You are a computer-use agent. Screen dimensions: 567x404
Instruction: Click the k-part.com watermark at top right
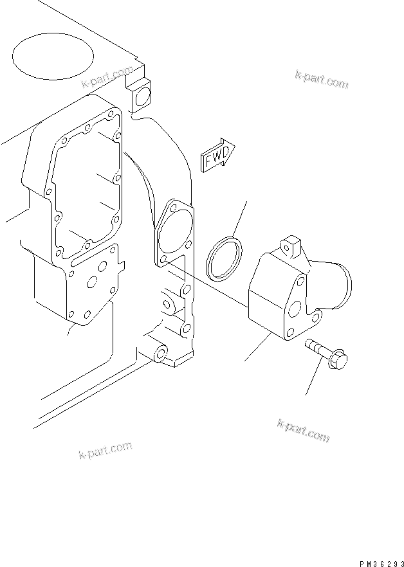(x=321, y=80)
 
